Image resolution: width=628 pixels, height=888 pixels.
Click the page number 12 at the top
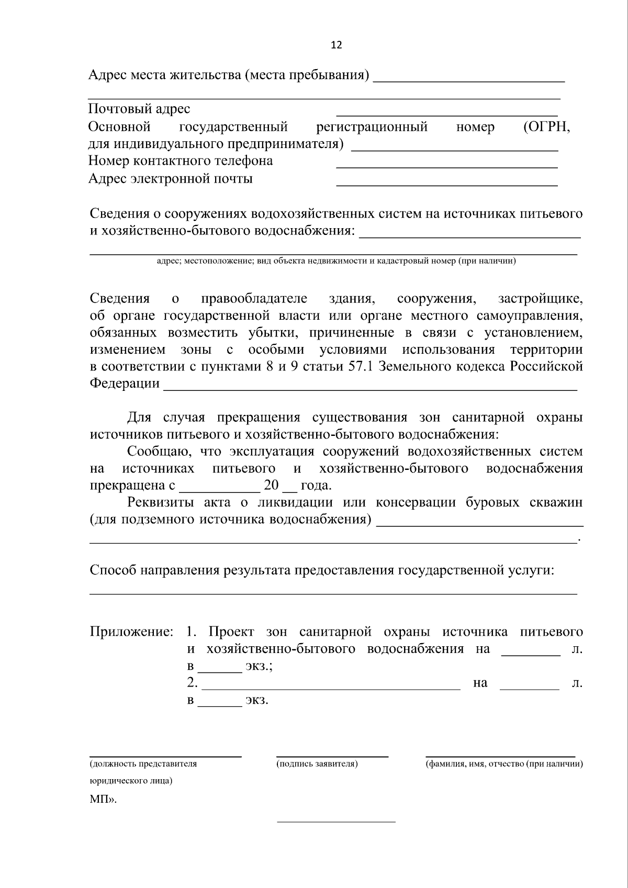pyautogui.click(x=337, y=45)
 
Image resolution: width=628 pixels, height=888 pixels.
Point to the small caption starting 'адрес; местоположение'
pyautogui.click(x=337, y=261)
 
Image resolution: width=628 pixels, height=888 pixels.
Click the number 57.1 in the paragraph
pyautogui.click(x=360, y=366)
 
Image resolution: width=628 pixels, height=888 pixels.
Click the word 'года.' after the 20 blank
pyautogui.click(x=316, y=486)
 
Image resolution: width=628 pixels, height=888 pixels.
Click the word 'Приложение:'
pyautogui.click(x=131, y=632)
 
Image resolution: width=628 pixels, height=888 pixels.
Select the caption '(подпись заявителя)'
pyautogui.click(x=317, y=764)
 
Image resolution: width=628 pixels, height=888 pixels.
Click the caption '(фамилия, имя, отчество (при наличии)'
pyautogui.click(x=504, y=764)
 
